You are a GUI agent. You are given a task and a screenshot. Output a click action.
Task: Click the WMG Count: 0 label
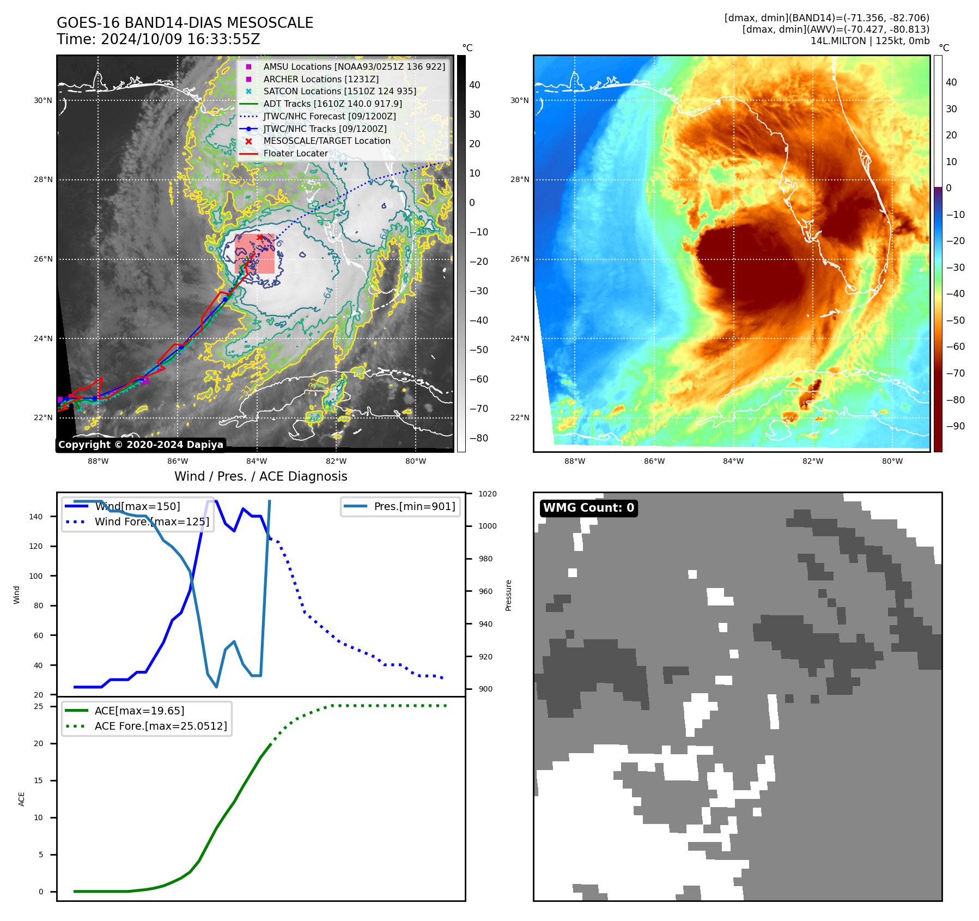pyautogui.click(x=588, y=508)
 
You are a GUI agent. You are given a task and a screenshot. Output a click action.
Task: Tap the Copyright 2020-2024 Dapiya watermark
pyautogui.click(x=141, y=445)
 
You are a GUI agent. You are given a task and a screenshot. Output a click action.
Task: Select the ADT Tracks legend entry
pyautogui.click(x=332, y=104)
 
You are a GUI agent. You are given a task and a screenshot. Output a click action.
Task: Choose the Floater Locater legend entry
pyautogui.click(x=295, y=154)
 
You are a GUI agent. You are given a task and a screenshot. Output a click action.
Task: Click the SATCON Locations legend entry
pyautogui.click(x=339, y=91)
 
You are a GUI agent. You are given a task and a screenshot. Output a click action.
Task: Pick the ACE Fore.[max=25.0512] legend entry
pyautogui.click(x=160, y=726)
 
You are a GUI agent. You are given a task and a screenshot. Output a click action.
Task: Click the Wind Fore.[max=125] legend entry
pyautogui.click(x=151, y=522)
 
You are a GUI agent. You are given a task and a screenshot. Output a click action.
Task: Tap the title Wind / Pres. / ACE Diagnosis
pyautogui.click(x=260, y=476)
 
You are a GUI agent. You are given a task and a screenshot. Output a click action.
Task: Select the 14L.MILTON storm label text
pyautogui.click(x=838, y=41)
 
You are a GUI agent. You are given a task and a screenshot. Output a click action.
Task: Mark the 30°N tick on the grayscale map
pyautogui.click(x=43, y=100)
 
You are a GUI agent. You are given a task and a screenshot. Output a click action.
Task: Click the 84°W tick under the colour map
pyautogui.click(x=733, y=461)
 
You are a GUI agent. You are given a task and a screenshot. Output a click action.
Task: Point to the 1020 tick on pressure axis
pyautogui.click(x=488, y=494)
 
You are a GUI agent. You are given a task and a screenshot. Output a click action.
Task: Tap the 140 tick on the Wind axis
pyautogui.click(x=36, y=517)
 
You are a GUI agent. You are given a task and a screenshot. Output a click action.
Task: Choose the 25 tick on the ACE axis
pyautogui.click(x=39, y=706)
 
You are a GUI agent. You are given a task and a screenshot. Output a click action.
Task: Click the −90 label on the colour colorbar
pyautogui.click(x=955, y=426)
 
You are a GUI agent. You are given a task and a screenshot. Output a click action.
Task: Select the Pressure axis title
pyautogui.click(x=508, y=595)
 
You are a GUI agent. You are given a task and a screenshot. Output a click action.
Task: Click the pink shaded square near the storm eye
pyautogui.click(x=255, y=254)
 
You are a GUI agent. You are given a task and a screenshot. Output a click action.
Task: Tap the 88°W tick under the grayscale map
pyautogui.click(x=98, y=461)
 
